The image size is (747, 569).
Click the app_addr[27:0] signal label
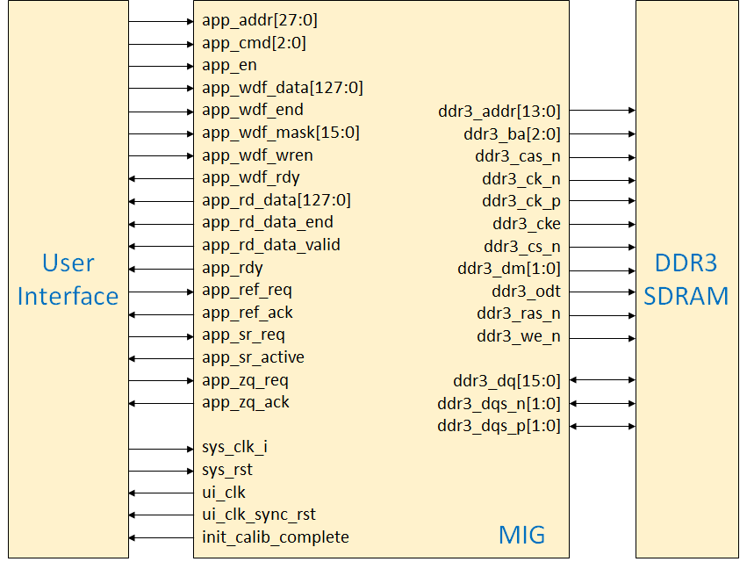point(254,20)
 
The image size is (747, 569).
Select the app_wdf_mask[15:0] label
point(281,133)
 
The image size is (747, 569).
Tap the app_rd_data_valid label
point(271,245)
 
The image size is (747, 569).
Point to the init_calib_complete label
point(276,537)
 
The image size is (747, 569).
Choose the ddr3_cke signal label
point(527,224)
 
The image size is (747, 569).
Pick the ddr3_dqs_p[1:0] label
point(499,427)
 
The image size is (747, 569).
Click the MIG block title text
point(521,534)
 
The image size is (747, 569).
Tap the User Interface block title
point(68,279)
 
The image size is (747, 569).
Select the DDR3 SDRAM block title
point(686,279)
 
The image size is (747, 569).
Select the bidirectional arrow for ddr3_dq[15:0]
point(602,380)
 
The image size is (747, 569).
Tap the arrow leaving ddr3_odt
point(602,292)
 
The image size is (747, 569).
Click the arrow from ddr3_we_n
point(602,336)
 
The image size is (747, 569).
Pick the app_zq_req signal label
point(246,380)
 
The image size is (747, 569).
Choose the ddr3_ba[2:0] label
point(512,134)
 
